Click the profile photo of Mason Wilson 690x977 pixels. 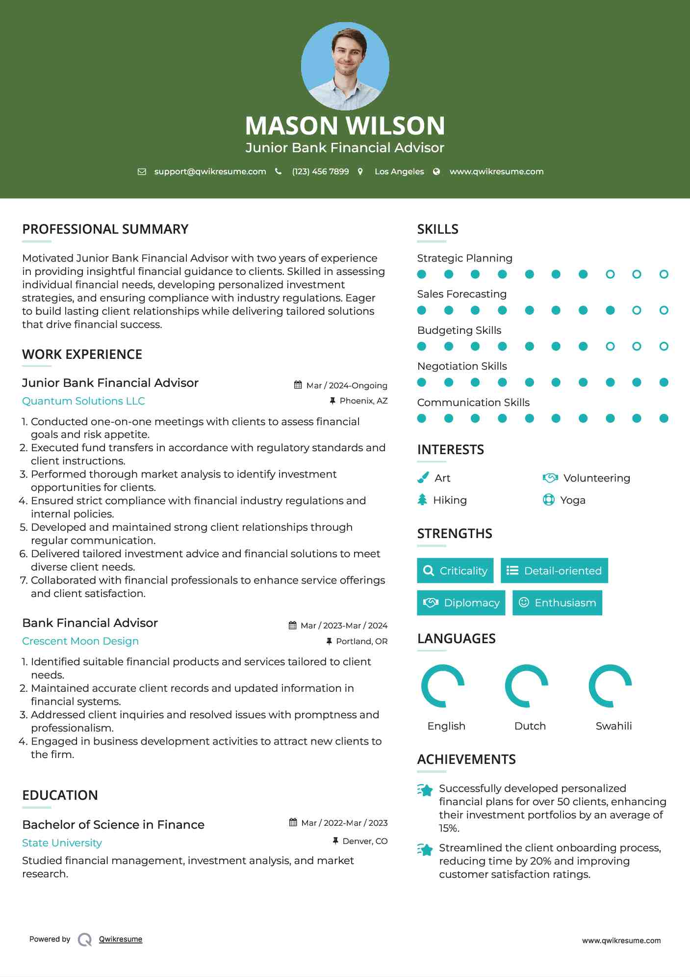345,66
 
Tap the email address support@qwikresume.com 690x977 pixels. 210,171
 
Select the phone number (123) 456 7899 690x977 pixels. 320,171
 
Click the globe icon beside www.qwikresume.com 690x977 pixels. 436,171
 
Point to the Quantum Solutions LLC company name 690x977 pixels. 83,401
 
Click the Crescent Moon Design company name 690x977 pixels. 80,641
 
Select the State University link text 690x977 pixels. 62,843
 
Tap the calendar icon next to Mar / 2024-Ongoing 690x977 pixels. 298,385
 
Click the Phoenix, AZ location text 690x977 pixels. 363,401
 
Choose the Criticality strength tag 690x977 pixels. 455,570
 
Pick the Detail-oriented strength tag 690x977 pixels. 554,570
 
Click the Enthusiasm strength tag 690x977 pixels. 557,602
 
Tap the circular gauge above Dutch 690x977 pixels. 527,686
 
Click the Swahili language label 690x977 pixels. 613,726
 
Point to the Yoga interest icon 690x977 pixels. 549,500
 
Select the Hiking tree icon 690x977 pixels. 422,500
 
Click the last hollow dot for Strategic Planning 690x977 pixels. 664,274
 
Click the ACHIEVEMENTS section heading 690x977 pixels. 466,760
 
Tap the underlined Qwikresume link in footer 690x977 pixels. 121,939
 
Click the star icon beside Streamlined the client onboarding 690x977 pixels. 425,849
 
